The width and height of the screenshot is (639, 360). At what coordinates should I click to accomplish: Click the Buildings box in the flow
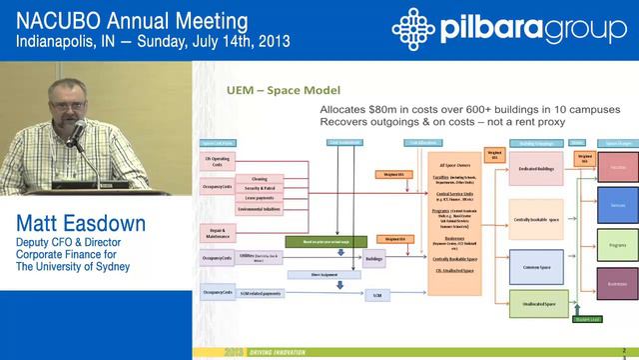click(373, 258)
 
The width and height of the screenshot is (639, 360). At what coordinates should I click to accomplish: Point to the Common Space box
click(536, 267)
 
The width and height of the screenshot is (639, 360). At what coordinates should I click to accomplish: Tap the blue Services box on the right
click(618, 204)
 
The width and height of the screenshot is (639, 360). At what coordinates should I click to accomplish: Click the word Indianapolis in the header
click(61, 43)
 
